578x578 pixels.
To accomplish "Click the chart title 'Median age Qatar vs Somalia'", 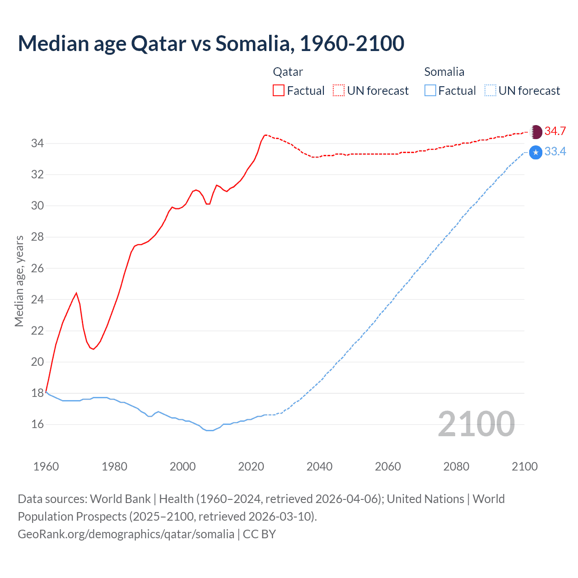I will pos(211,43).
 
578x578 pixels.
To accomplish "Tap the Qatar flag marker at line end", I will pos(536,132).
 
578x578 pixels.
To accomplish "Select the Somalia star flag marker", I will pos(536,153).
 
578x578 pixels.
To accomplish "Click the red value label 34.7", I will pos(555,131).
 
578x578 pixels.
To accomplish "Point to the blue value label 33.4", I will pos(555,152).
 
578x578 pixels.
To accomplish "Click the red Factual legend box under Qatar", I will pos(279,91).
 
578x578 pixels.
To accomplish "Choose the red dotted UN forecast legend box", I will pos(339,91).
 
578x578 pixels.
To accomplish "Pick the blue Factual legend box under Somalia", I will pos(430,91).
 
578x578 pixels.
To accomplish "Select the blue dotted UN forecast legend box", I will pos(490,91).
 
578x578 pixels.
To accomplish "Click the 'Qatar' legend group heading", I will pos(288,72).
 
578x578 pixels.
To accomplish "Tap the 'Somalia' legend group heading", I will pos(444,72).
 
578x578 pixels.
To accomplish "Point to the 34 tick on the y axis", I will pos(37,144).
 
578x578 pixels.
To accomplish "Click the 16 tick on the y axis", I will pos(37,424).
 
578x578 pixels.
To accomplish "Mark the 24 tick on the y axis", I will pos(37,299).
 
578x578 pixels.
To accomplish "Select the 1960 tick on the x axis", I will pos(46,466).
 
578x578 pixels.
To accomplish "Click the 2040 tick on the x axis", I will pos(319,466).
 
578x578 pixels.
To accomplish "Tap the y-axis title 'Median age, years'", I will pos(19,281).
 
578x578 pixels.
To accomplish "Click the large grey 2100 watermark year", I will pos(476,424).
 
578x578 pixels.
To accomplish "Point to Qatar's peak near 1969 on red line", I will pos(76,293).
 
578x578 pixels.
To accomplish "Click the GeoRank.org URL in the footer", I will pos(126,534).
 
